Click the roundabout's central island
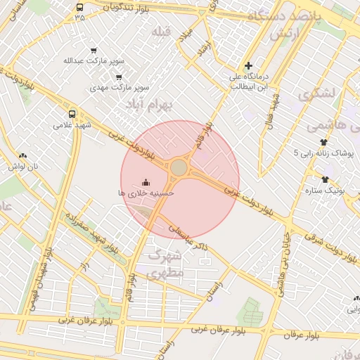[x=179, y=167]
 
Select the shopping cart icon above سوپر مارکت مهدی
[x=119, y=77]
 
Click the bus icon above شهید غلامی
[x=72, y=114]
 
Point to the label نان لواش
[x=22, y=167]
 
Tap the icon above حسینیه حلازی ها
[x=146, y=181]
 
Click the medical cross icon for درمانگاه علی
[x=248, y=65]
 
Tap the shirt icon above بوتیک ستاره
[x=325, y=179]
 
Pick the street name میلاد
[x=186, y=32]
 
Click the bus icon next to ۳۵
[x=79, y=8]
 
